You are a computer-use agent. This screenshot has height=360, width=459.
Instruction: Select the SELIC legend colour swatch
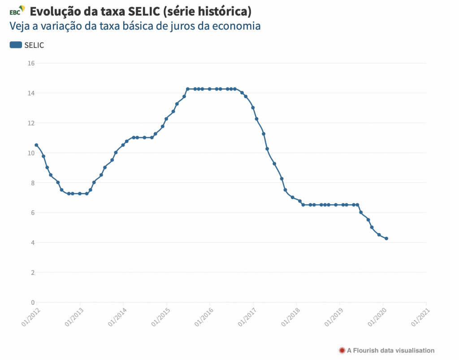pyautogui.click(x=16, y=44)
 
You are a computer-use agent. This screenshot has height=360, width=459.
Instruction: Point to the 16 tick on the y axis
pyautogui.click(x=31, y=63)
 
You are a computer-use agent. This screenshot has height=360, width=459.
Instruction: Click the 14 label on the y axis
pyautogui.click(x=31, y=93)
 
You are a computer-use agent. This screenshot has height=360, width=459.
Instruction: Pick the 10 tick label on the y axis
pyautogui.click(x=31, y=153)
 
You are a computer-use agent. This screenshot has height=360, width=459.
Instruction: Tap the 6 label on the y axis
pyautogui.click(x=32, y=213)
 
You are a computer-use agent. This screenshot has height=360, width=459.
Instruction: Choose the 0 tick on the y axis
pyautogui.click(x=32, y=303)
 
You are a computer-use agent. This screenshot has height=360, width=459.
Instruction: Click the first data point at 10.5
pyautogui.click(x=36, y=145)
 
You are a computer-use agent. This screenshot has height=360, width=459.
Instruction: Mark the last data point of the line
pyautogui.click(x=386, y=239)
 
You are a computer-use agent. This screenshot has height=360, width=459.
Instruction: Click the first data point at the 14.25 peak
pyautogui.click(x=187, y=89)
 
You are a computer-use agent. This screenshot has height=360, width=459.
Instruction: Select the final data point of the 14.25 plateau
pyautogui.click(x=235, y=89)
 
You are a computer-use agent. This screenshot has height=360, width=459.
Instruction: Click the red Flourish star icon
pyautogui.click(x=342, y=350)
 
